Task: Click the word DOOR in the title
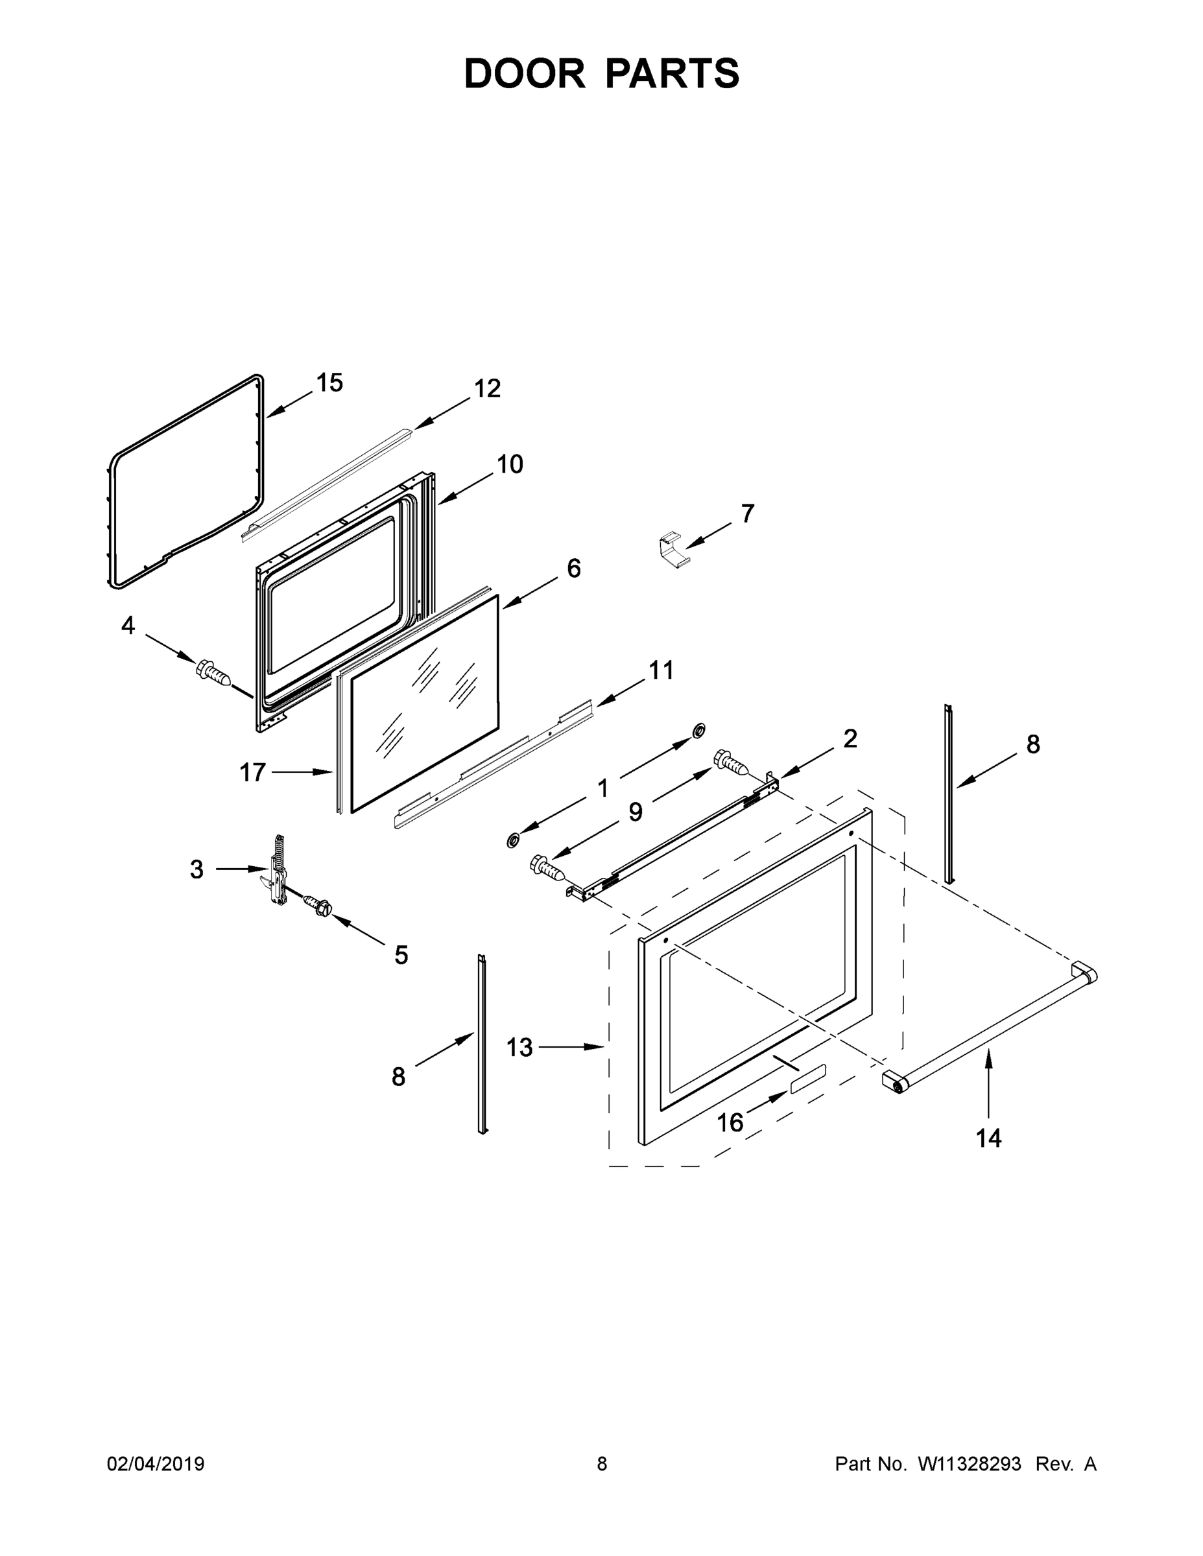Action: (525, 73)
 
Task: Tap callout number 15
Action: (330, 383)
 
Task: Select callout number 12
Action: (488, 388)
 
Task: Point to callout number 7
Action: (747, 513)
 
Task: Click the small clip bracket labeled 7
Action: (672, 550)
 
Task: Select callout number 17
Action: (252, 772)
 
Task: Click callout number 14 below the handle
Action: (988, 1138)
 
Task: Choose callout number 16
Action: (730, 1123)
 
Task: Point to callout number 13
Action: (519, 1047)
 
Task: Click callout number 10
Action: (510, 464)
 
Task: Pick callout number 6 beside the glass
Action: (574, 568)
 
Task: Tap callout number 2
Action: (850, 739)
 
